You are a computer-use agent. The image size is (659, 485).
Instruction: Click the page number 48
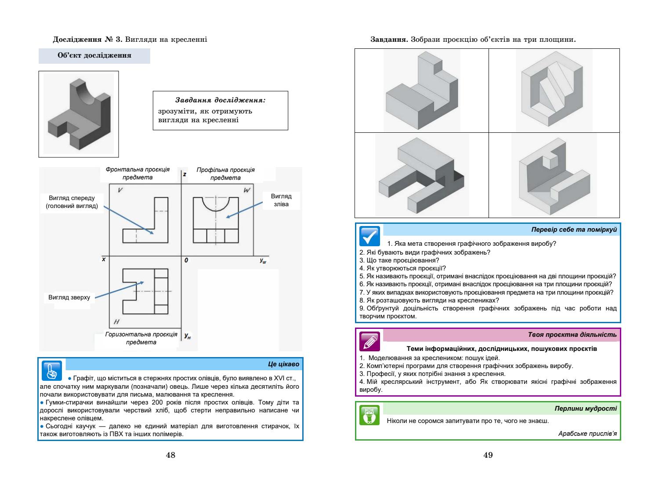coord(170,455)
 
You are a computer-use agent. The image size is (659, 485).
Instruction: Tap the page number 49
coord(488,455)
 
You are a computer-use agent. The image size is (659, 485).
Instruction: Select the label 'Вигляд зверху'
coord(69,298)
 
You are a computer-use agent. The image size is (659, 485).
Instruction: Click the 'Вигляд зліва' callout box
coord(281,200)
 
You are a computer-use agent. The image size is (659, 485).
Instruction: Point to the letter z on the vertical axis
coord(185,174)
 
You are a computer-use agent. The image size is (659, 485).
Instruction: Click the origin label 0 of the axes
coord(186,260)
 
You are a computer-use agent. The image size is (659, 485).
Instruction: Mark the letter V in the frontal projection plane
coord(120,190)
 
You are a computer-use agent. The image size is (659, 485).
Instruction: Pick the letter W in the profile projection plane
coord(246,190)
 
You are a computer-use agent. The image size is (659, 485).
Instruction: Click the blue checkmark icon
coord(369,236)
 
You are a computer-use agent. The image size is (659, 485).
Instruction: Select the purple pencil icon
coord(369,340)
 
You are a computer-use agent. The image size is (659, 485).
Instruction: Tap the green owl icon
coord(369,415)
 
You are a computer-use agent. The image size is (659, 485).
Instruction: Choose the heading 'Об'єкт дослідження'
coord(94,56)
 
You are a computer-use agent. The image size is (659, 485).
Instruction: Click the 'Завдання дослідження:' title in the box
coord(220,100)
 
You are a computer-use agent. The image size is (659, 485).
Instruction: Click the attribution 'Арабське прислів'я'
coord(587,434)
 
